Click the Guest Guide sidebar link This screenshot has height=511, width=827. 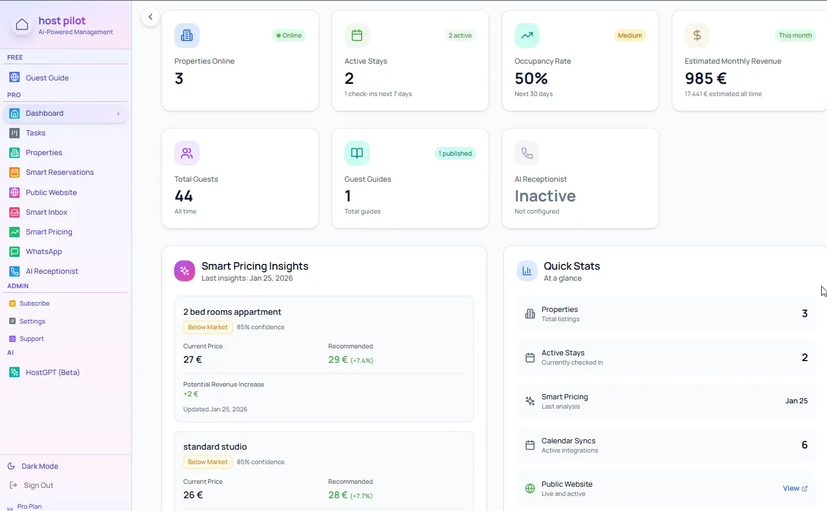[x=47, y=78]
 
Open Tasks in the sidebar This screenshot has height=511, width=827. [x=35, y=133]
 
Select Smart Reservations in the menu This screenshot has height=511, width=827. [x=60, y=172]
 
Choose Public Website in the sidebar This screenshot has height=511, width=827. [x=51, y=193]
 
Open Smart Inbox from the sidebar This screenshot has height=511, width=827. [x=46, y=212]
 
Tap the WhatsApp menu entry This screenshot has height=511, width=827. [x=43, y=252]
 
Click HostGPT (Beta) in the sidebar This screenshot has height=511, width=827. [x=52, y=373]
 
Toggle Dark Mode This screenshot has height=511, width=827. [x=39, y=466]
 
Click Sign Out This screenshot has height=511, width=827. [x=38, y=486]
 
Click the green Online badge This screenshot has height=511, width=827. [x=289, y=36]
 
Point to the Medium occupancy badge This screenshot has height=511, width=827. [x=629, y=36]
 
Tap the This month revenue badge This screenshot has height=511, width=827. [x=795, y=36]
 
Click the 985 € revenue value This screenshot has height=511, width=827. [x=705, y=79]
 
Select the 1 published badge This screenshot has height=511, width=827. [x=455, y=154]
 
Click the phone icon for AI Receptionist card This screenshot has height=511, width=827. [x=527, y=153]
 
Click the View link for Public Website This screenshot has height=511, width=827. [x=795, y=488]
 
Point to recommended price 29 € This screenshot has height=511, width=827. [x=338, y=360]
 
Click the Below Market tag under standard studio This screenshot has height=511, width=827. [x=208, y=462]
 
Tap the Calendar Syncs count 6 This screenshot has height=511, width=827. [x=804, y=445]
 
